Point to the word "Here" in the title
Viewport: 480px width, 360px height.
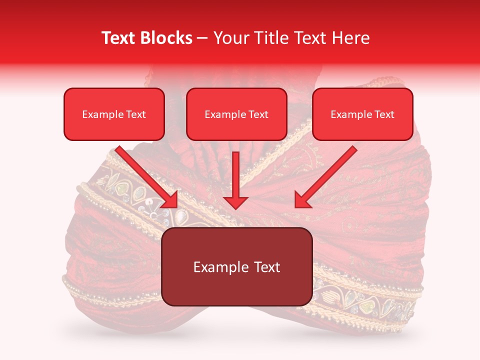click(352, 38)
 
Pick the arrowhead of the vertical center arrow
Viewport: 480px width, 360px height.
click(235, 202)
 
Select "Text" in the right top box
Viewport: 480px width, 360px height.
click(384, 114)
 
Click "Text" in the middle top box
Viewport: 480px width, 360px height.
click(258, 114)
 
